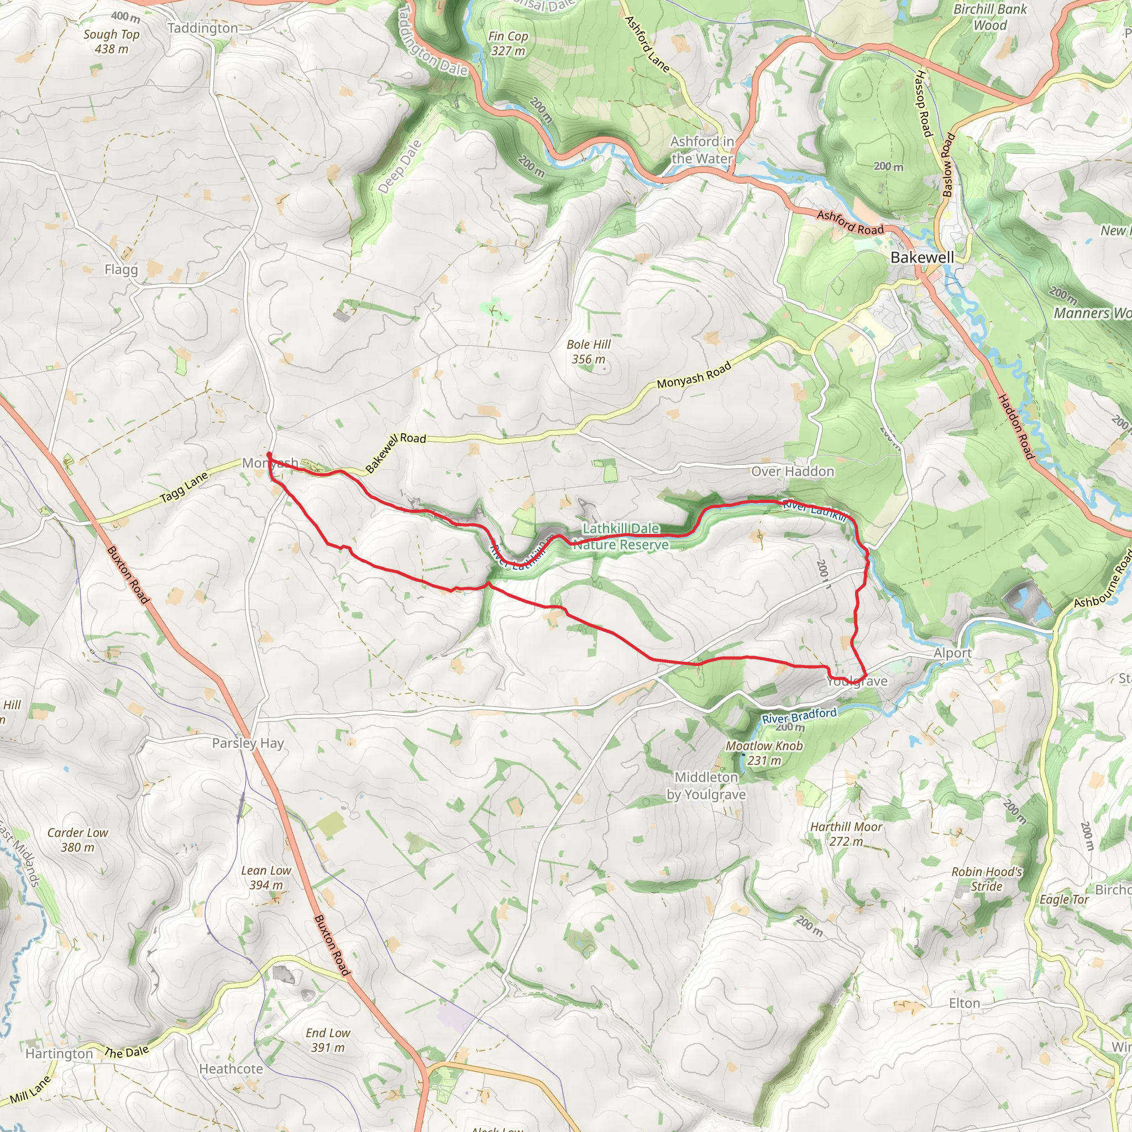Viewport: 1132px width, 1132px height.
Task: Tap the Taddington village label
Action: click(203, 28)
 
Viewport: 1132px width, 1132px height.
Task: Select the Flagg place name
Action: click(121, 270)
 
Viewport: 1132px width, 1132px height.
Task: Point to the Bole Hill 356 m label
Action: click(588, 352)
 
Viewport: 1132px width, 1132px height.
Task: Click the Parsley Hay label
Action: click(248, 743)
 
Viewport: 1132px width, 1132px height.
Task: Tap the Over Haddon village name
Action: click(792, 471)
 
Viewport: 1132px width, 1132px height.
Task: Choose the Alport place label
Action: click(952, 653)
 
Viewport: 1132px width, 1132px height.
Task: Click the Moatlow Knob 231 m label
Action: click(764, 753)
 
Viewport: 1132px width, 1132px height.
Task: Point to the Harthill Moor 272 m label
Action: click(846, 834)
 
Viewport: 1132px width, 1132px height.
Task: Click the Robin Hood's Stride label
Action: click(987, 879)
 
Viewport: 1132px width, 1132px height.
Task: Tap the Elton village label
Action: click(965, 1004)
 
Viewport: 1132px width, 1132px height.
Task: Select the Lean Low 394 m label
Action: click(266, 878)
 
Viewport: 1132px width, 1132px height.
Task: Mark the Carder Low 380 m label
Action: click(77, 840)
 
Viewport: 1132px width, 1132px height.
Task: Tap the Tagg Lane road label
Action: click(184, 488)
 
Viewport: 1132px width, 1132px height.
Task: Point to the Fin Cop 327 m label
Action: click(508, 43)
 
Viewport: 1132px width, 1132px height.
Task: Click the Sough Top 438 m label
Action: click(111, 41)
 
